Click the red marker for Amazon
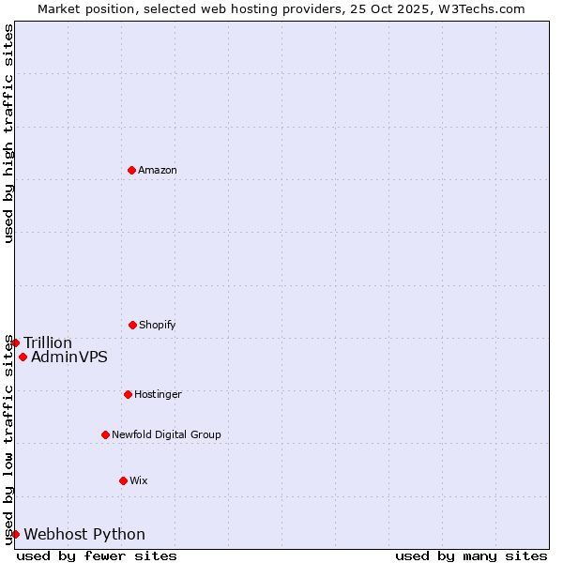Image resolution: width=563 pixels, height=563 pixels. click(131, 170)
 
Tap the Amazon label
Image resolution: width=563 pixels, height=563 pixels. click(158, 170)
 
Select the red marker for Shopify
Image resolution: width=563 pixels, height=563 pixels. click(132, 325)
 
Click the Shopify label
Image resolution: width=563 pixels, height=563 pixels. click(158, 325)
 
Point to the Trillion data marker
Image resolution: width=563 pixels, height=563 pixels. click(15, 342)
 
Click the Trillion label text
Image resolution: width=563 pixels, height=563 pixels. click(48, 342)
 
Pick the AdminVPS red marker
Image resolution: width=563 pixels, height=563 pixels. click(23, 357)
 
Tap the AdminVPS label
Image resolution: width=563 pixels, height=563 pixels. click(69, 357)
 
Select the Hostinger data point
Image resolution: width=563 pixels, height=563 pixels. click(128, 394)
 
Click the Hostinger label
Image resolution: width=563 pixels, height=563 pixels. click(158, 394)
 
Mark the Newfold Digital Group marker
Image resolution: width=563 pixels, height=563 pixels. click(105, 434)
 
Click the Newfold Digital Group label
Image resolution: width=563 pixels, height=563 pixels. click(166, 434)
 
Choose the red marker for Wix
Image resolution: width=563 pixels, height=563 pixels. click(123, 480)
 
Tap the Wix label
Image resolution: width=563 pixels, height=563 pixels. click(139, 480)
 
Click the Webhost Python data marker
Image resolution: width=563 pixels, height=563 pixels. click(15, 534)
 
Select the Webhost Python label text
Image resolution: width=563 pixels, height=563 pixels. click(84, 534)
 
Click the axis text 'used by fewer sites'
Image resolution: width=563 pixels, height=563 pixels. click(97, 555)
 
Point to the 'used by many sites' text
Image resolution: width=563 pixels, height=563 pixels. click(471, 555)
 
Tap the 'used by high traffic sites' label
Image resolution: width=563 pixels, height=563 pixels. click(8, 133)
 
